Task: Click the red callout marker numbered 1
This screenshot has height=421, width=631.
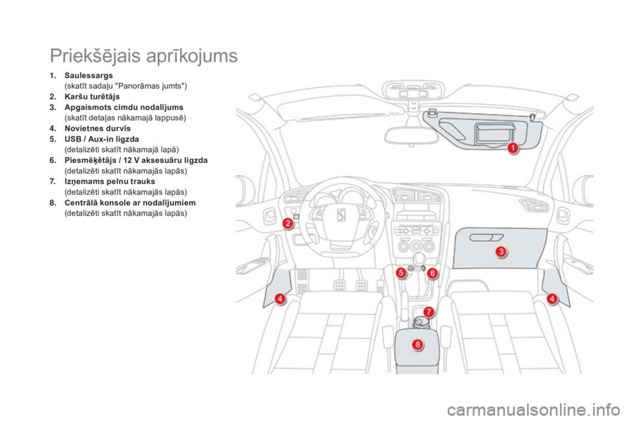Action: pyautogui.click(x=513, y=148)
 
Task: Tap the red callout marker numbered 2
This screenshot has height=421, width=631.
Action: pyautogui.click(x=287, y=223)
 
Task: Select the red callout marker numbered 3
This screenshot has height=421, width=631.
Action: pyautogui.click(x=501, y=252)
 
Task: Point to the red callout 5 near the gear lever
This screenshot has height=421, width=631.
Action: pyautogui.click(x=401, y=273)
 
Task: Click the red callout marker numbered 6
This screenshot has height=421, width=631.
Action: pyautogui.click(x=432, y=273)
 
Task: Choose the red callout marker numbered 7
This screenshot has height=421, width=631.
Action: pyautogui.click(x=429, y=311)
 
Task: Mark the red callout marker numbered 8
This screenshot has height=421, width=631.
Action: pyautogui.click(x=418, y=344)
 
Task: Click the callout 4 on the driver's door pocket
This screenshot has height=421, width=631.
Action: pyautogui.click(x=280, y=299)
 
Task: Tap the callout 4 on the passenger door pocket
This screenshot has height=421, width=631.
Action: pyautogui.click(x=552, y=299)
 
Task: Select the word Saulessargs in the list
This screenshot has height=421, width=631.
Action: pyautogui.click(x=89, y=76)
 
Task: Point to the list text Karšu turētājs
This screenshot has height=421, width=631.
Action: pyautogui.click(x=92, y=97)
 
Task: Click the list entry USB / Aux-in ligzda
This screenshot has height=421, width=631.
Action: pyautogui.click(x=102, y=139)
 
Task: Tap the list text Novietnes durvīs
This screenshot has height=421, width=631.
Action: pyautogui.click(x=97, y=128)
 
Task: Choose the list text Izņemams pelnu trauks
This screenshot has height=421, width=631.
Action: pyautogui.click(x=110, y=182)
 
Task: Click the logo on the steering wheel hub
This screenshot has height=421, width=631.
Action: pyautogui.click(x=341, y=216)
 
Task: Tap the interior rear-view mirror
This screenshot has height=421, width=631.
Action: pyautogui.click(x=411, y=136)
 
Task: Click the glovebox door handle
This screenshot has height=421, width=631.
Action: pyautogui.click(x=486, y=237)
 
